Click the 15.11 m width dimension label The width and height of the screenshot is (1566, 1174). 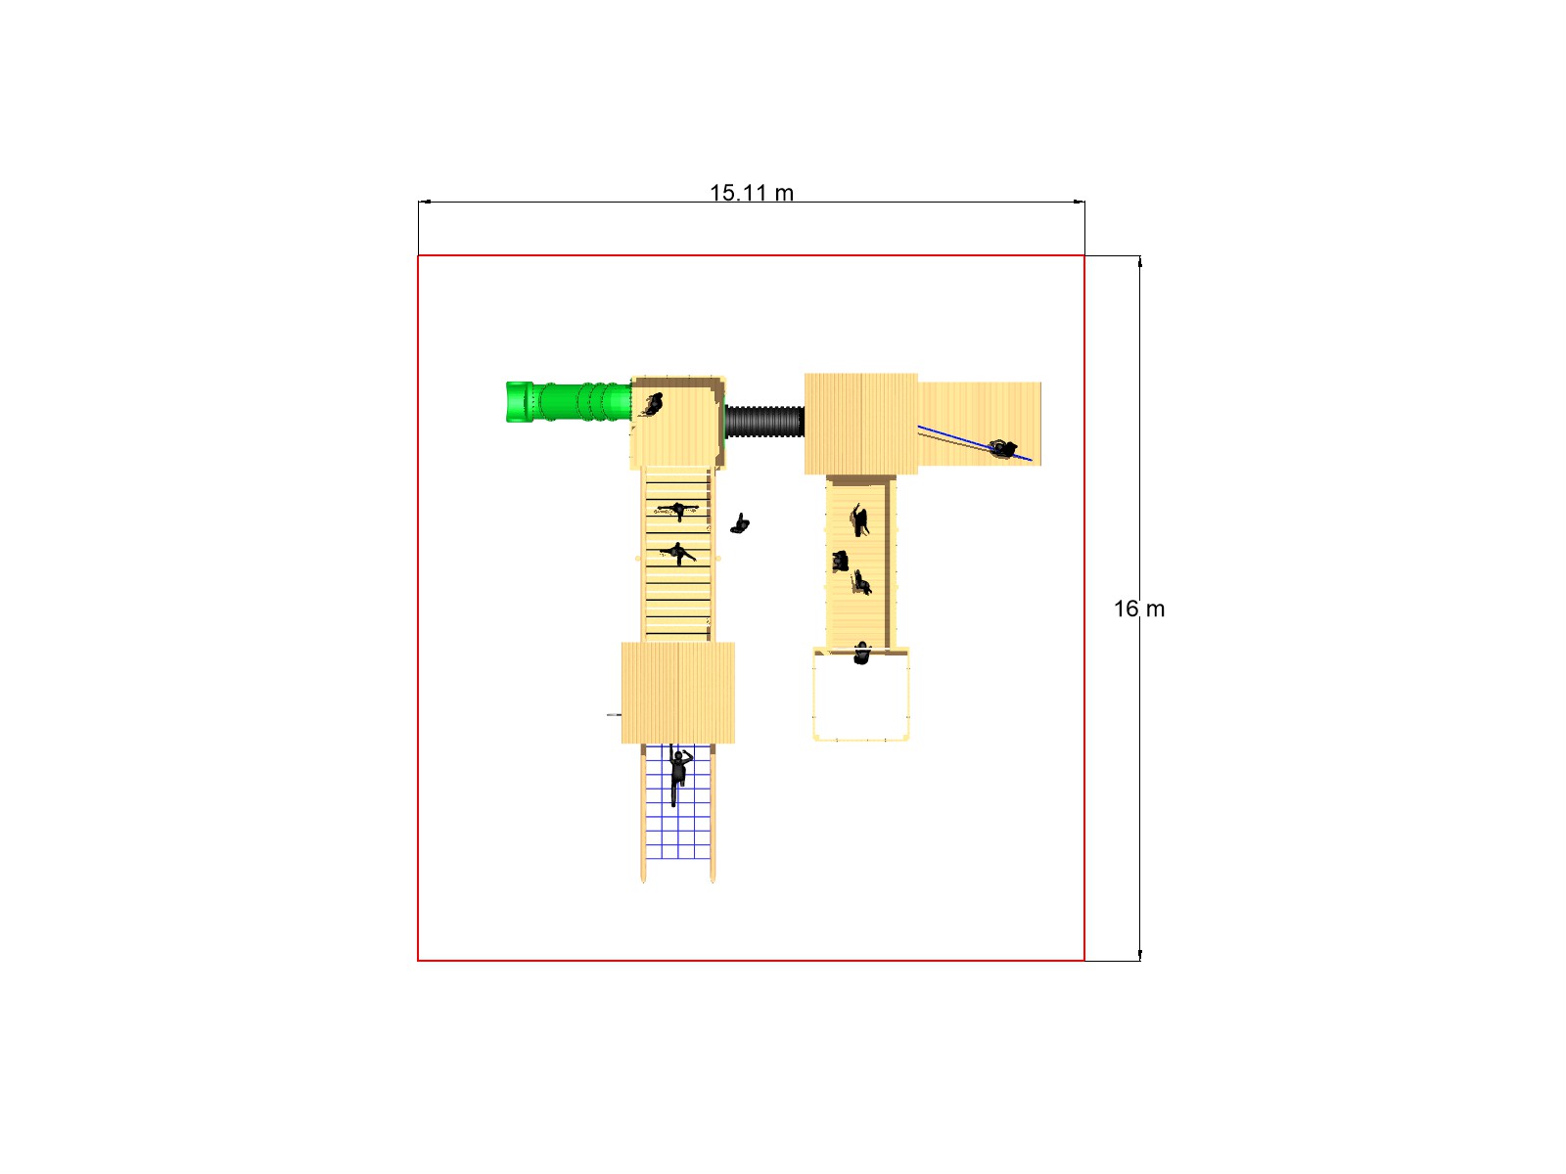[x=752, y=193]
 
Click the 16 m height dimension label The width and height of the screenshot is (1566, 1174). [x=1138, y=609]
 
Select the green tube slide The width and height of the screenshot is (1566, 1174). [x=568, y=403]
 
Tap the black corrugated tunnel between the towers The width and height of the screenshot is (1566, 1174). [x=764, y=422]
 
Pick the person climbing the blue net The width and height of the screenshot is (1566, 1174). [x=678, y=774]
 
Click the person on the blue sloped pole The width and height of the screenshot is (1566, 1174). [x=1002, y=449]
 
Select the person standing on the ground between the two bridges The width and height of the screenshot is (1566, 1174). [x=740, y=524]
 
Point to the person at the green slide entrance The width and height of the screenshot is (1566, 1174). [x=652, y=405]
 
